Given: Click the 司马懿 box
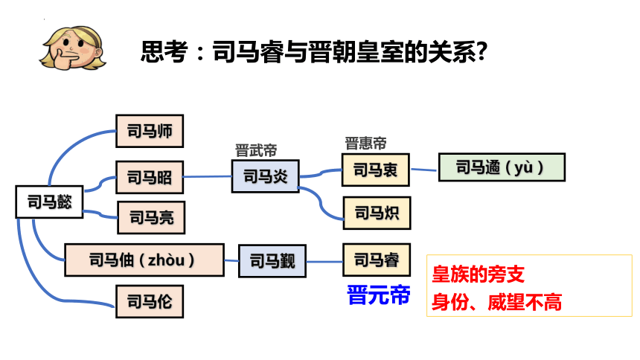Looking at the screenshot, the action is coord(49,202).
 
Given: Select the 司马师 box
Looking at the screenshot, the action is coord(150,131).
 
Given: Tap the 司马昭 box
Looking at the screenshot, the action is coord(150,177).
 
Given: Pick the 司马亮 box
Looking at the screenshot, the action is coord(151,217).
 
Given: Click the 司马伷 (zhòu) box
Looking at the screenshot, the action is coord(144,260).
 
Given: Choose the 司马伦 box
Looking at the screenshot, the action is coord(150,302).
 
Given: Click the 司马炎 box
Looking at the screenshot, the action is coord(266,176).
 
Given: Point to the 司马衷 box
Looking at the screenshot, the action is coord(376,170).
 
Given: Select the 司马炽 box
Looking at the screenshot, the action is coord(377,213).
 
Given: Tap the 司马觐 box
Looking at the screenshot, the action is coord(272,261).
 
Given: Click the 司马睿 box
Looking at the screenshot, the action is coord(377,260).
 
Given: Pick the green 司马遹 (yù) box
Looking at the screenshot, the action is coord(502,167).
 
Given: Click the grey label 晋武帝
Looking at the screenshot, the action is coord(256,150).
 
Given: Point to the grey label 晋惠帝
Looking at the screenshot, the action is coord(365,144).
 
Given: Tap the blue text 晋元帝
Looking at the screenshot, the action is coord(378,295).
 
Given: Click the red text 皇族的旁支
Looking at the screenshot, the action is coord(478,274).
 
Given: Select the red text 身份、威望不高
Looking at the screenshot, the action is coord(496,303).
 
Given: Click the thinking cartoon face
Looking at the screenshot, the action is coord(73,48).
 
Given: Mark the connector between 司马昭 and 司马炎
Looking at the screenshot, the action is coord(208,177).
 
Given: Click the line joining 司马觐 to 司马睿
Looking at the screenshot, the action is coord(324,262).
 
